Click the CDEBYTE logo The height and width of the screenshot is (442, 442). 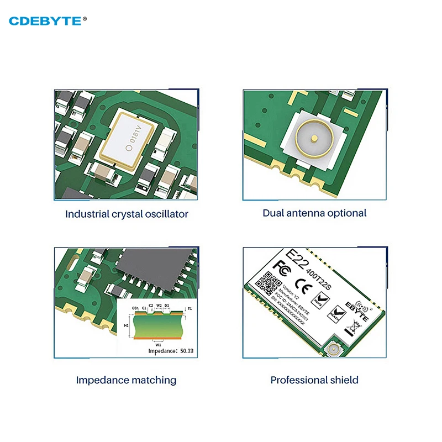click(48, 21)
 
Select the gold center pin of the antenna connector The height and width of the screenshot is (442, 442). click(313, 139)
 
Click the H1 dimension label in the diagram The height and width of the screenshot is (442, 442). click(126, 325)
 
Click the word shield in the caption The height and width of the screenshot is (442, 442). click(344, 380)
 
